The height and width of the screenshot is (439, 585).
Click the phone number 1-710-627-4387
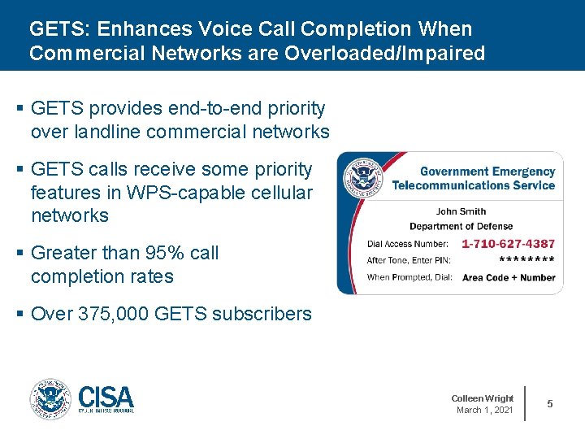pos(508,244)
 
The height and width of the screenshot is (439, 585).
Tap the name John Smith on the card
pos(461,211)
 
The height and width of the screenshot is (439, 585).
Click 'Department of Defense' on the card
pos(461,226)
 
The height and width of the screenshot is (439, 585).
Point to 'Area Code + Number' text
pos(509,278)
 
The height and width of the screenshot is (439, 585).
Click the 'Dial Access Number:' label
pos(407,244)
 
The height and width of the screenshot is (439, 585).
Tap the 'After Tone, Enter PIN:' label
pos(409,261)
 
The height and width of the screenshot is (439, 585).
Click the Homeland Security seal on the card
pos(362,177)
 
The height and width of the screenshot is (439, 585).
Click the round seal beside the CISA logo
pos(50,399)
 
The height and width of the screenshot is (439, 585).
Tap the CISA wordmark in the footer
pos(106,398)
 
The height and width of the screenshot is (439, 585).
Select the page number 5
pos(550,404)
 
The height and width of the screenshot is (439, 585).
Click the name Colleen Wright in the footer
pos(483,398)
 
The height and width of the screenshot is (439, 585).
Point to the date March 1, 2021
pos(485,410)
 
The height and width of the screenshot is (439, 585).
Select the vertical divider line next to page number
pos(526,403)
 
